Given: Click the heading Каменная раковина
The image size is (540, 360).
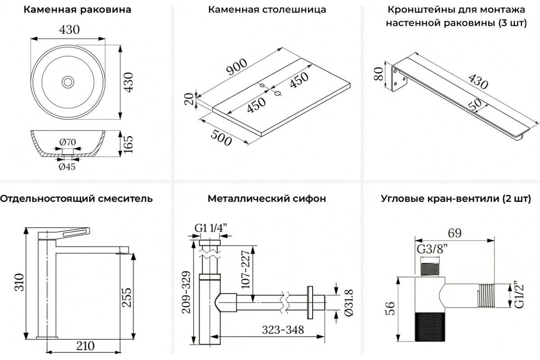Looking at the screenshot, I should (x=77, y=10).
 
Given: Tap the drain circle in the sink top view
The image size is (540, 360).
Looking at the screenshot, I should (x=68, y=82).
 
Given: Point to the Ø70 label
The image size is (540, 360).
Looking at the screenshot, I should (x=67, y=142).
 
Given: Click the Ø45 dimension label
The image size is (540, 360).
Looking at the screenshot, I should (x=67, y=166).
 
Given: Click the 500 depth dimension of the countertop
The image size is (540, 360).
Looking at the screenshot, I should (x=220, y=135).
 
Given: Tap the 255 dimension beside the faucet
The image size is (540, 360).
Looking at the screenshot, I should (x=127, y=298).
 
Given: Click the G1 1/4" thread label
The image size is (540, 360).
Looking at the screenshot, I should (x=210, y=228).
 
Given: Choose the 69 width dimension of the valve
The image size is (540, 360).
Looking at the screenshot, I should (x=454, y=233).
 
